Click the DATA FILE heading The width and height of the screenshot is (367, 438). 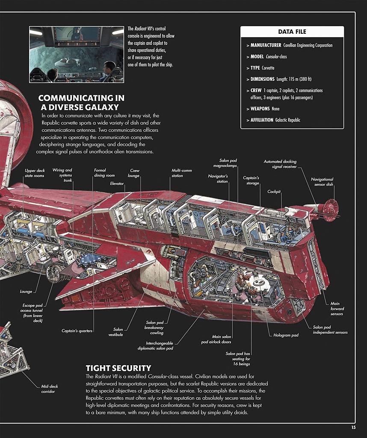click(x=292, y=32)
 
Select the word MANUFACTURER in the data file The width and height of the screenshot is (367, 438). click(x=266, y=45)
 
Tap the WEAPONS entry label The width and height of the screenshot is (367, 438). click(x=260, y=109)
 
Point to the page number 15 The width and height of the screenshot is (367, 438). click(x=353, y=427)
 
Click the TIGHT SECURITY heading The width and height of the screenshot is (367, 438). click(x=118, y=368)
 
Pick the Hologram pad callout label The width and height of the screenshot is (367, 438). click(x=286, y=335)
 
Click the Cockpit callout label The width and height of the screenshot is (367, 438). click(x=274, y=192)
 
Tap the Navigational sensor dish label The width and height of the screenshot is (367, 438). click(x=322, y=182)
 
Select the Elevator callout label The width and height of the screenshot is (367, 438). click(x=117, y=183)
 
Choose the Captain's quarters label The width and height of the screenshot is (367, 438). click(x=77, y=331)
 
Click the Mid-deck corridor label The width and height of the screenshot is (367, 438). click(x=50, y=389)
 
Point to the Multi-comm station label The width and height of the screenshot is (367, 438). click(x=181, y=173)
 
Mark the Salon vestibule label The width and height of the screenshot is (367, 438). click(x=115, y=332)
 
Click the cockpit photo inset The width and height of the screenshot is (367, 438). click(x=77, y=54)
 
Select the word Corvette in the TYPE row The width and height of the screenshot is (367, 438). click(x=268, y=68)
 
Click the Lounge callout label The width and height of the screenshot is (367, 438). click(x=26, y=291)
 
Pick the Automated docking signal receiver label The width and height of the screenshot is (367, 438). click(x=280, y=164)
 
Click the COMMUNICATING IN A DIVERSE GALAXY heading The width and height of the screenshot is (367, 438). click(x=81, y=103)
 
